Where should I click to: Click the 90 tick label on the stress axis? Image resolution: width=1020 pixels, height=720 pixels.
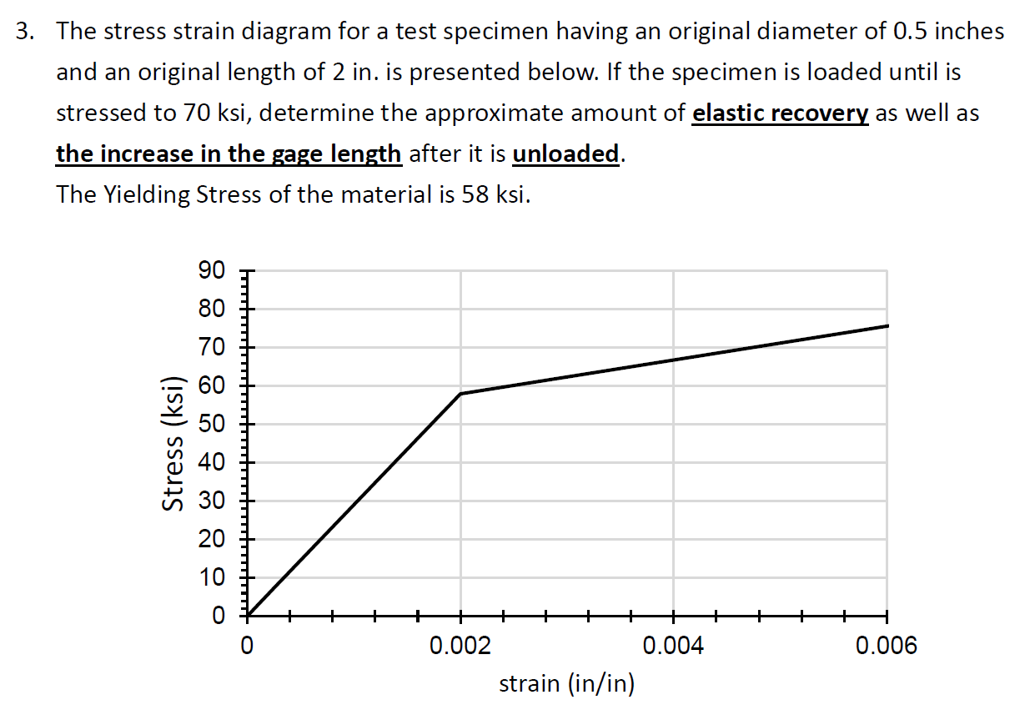point(212,271)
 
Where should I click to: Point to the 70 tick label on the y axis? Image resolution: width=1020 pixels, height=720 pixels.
point(212,347)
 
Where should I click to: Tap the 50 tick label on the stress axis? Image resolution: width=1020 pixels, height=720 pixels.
point(212,424)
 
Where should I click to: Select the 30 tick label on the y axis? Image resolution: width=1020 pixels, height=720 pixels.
point(212,501)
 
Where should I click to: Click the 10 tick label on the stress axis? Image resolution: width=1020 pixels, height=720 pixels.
point(212,577)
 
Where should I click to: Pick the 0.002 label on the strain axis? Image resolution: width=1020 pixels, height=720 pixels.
point(460,646)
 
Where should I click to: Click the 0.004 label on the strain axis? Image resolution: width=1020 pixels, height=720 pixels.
point(674,646)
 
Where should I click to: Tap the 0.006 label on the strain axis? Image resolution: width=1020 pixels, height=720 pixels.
point(886,646)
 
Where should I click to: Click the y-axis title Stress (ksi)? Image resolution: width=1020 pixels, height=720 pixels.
point(173,442)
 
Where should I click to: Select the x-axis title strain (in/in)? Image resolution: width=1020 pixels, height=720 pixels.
point(566,684)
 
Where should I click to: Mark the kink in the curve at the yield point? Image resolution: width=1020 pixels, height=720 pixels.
point(460,394)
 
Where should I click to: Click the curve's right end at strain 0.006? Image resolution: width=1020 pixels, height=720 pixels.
point(887,325)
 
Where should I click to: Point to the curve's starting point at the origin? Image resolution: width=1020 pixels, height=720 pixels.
point(248,616)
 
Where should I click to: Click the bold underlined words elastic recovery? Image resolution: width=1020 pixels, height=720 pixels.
point(781,113)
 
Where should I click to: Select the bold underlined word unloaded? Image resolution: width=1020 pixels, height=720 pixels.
point(565,154)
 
